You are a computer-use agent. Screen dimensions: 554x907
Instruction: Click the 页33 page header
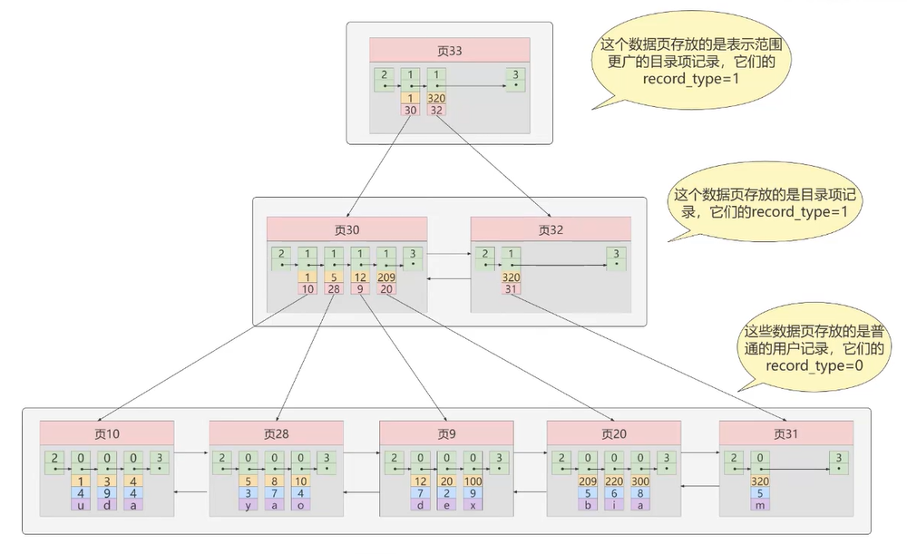449,50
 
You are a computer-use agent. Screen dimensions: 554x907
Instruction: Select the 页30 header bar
346,228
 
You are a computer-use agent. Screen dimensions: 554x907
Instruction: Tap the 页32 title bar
551,228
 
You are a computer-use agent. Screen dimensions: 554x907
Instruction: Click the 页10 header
106,433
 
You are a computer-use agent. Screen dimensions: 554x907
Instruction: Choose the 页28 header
276,433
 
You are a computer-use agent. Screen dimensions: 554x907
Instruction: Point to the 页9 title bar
445,433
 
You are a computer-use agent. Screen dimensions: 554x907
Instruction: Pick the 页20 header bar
615,433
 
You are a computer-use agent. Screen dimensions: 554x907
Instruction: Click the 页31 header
785,433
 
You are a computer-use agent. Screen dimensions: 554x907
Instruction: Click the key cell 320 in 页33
436,98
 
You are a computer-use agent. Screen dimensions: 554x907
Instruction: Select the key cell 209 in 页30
386,277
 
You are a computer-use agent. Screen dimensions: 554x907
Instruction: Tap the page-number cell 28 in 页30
334,288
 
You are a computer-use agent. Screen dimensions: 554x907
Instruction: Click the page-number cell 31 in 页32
512,288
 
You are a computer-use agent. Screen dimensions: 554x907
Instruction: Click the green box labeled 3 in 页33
516,78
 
